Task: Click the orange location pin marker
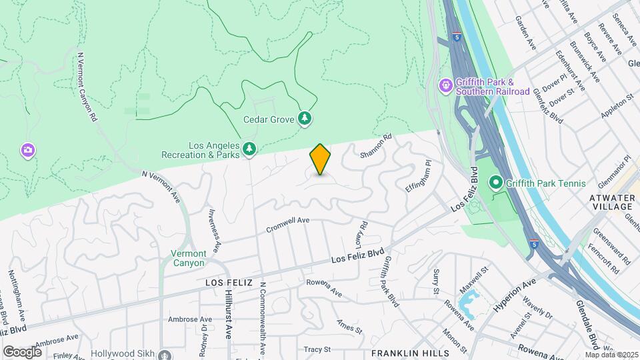coord(321,159)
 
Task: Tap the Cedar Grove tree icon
coord(305,119)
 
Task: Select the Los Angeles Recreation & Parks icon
coord(249,149)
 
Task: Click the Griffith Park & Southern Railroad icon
coord(445,85)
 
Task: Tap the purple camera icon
coord(27,149)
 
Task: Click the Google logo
coord(22,351)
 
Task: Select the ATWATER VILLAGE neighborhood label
coord(614,202)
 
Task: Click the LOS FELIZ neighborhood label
coord(228,283)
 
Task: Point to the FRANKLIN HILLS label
coord(404,353)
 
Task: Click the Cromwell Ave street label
coord(288,224)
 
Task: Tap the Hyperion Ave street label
coord(515,293)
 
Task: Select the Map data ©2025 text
coord(611,354)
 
